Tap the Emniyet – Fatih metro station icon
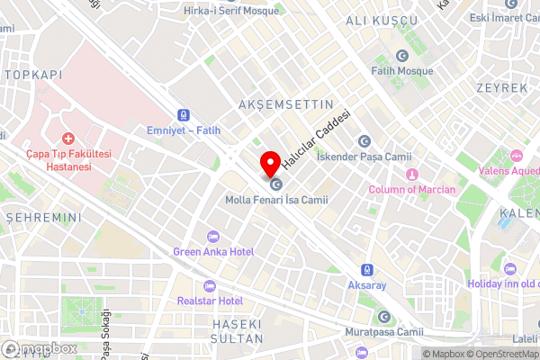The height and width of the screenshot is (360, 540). [x=184, y=115]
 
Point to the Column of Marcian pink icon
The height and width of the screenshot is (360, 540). [x=412, y=174]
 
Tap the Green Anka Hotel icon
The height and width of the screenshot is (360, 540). [x=213, y=237]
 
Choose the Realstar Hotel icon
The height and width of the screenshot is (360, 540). [x=211, y=285]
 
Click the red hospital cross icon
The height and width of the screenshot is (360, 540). [x=67, y=142]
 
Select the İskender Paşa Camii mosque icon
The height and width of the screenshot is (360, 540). [x=364, y=140]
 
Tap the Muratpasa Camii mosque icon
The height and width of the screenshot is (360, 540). [x=383, y=317]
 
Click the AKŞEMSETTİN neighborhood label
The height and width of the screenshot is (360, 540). [x=280, y=105]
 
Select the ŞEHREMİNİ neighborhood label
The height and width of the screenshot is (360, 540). [x=43, y=218]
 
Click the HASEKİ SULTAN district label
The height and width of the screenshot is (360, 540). [x=237, y=330]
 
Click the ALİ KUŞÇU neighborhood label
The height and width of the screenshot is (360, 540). [x=382, y=20]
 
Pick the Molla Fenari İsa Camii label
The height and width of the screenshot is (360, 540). [x=276, y=200]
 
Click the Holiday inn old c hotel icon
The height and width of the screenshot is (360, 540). [x=510, y=269]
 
